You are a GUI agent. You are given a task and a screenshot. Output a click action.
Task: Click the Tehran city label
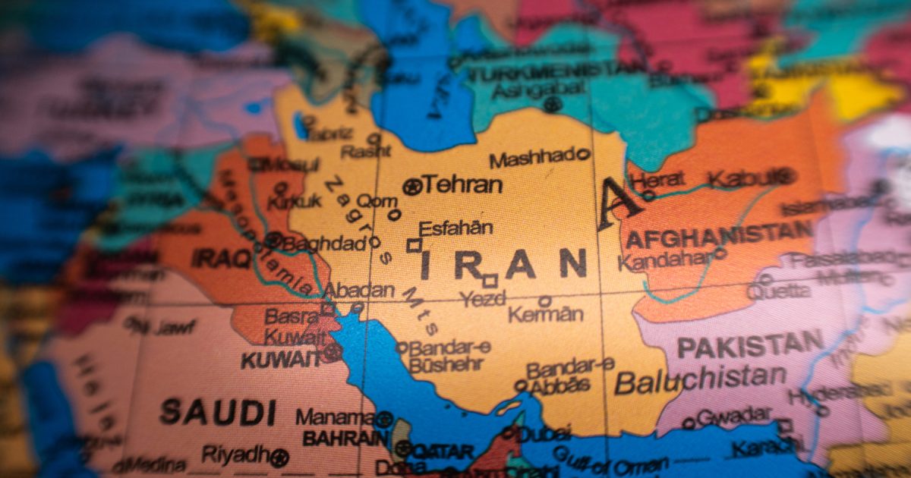tap(462, 184)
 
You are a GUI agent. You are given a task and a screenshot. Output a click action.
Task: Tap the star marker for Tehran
tap(411, 186)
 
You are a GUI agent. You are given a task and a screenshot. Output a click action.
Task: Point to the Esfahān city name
tap(455, 228)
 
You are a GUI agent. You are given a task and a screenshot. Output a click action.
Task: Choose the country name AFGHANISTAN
tap(717, 235)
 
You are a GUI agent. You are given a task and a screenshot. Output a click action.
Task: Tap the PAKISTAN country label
tap(749, 345)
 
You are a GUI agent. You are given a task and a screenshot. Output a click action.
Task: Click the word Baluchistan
tap(700, 379)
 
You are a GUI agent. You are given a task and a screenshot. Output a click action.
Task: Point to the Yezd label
tap(483, 299)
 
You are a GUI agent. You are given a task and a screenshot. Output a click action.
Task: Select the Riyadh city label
tap(235, 454)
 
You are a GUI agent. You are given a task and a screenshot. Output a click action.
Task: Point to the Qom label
tap(377, 201)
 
